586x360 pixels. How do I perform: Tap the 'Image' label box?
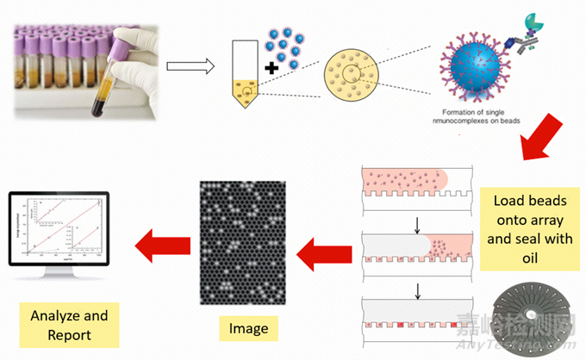tap(249, 327)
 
